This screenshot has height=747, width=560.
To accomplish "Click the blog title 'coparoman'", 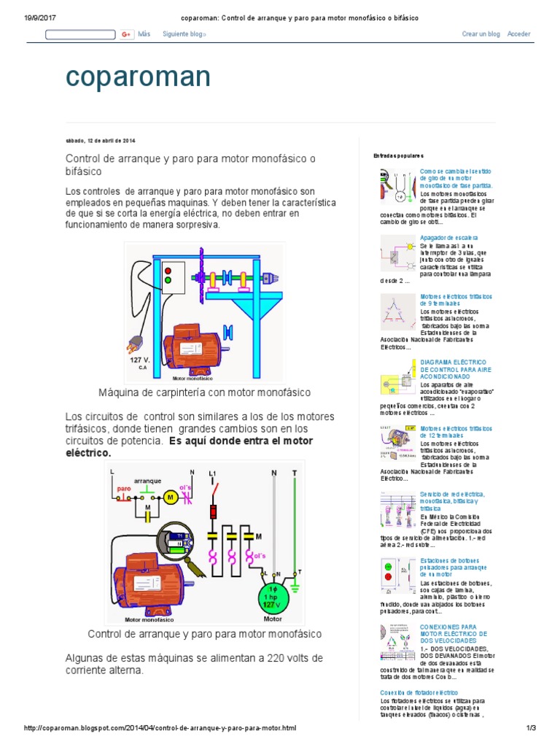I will point(138,77).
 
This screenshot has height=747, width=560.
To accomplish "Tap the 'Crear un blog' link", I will point(481,34).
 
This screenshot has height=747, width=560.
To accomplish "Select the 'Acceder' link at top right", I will point(518,34).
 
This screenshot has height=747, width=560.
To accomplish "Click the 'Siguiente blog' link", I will point(184,34).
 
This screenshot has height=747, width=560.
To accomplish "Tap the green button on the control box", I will point(168,279).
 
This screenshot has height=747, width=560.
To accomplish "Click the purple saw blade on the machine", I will point(198,277).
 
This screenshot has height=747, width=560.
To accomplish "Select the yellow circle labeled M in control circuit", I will point(170,497).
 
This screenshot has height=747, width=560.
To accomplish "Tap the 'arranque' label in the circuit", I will point(147,481).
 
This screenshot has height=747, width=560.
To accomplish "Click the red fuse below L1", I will point(214,511).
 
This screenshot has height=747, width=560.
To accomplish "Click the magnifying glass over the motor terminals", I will point(175,541).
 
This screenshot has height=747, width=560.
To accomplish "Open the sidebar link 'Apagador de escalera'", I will point(449,238).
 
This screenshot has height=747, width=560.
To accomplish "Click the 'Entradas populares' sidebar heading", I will point(398,156).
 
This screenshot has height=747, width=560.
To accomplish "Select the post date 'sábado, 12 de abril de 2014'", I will point(101,140).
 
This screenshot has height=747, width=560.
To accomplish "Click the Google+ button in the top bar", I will point(127,34).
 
